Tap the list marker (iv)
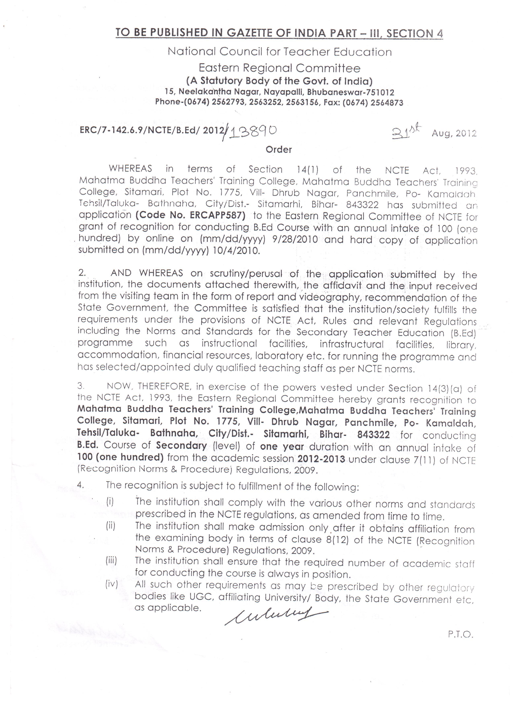click(111, 584)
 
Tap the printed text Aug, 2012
click(454, 134)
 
